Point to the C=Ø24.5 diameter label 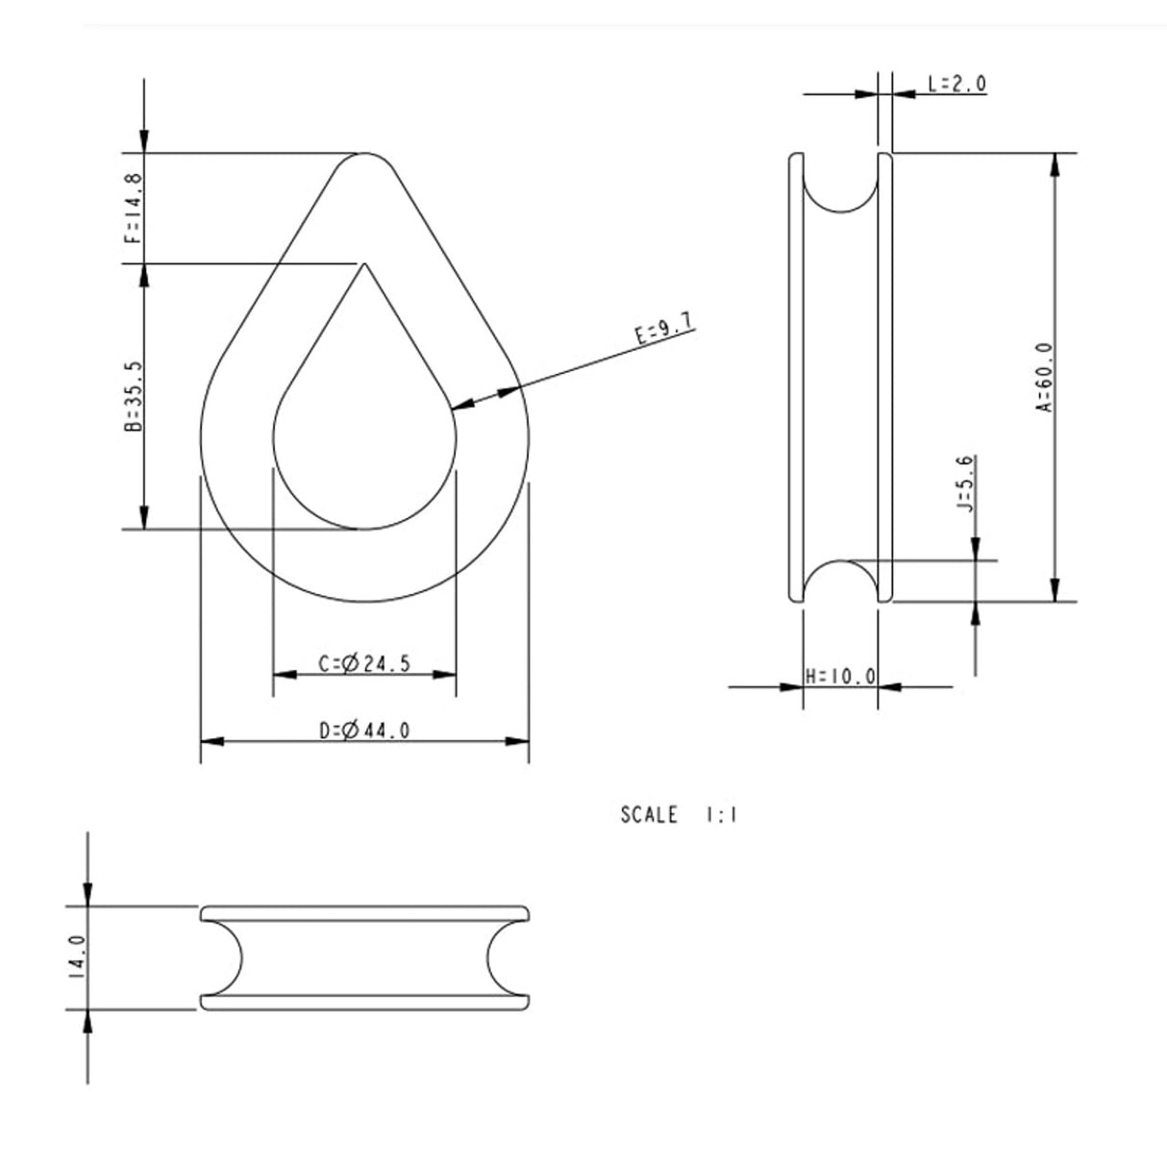point(364,663)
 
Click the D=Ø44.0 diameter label point(364,731)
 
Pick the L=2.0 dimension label point(956,84)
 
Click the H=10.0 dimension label point(840,677)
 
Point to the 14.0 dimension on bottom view point(77,957)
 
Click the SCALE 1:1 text point(679,815)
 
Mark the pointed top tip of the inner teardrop point(363,266)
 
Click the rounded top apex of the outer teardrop point(364,156)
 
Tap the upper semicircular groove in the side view point(840,188)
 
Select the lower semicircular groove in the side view point(840,580)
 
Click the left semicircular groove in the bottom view point(228,957)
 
